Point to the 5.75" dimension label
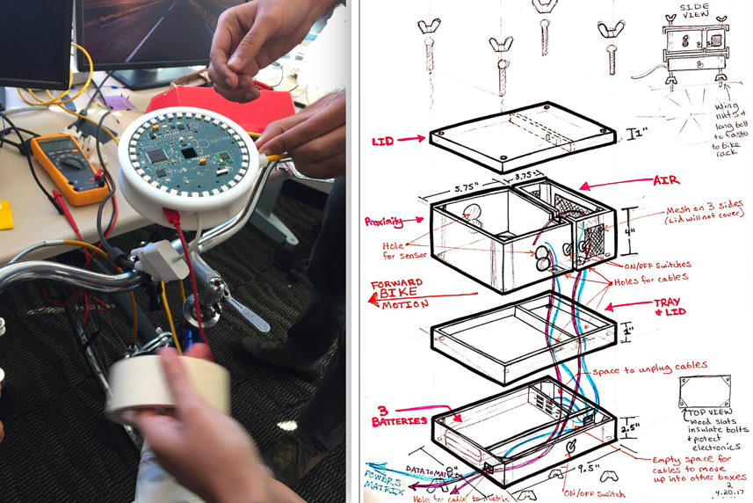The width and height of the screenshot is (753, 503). (x=473, y=187)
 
